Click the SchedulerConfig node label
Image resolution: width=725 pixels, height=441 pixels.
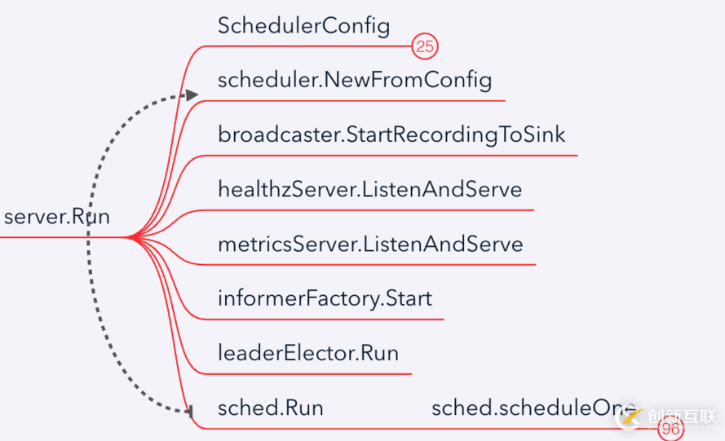(x=303, y=26)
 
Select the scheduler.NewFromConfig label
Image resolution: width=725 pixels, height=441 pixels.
(x=355, y=80)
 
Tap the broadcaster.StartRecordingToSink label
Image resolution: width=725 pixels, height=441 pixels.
(x=391, y=135)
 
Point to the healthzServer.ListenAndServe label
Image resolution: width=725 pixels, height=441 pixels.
(x=369, y=189)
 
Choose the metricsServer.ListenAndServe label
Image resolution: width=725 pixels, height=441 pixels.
(x=370, y=244)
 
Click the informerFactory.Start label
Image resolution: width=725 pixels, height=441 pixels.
(x=325, y=298)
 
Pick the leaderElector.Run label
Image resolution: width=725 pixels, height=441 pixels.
(x=308, y=353)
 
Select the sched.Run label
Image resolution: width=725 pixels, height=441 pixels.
(x=271, y=408)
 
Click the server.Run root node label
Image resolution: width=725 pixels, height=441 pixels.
(x=56, y=217)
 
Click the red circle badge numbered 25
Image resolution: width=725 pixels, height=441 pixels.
(x=424, y=46)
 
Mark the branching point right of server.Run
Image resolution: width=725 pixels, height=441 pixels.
(x=129, y=238)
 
